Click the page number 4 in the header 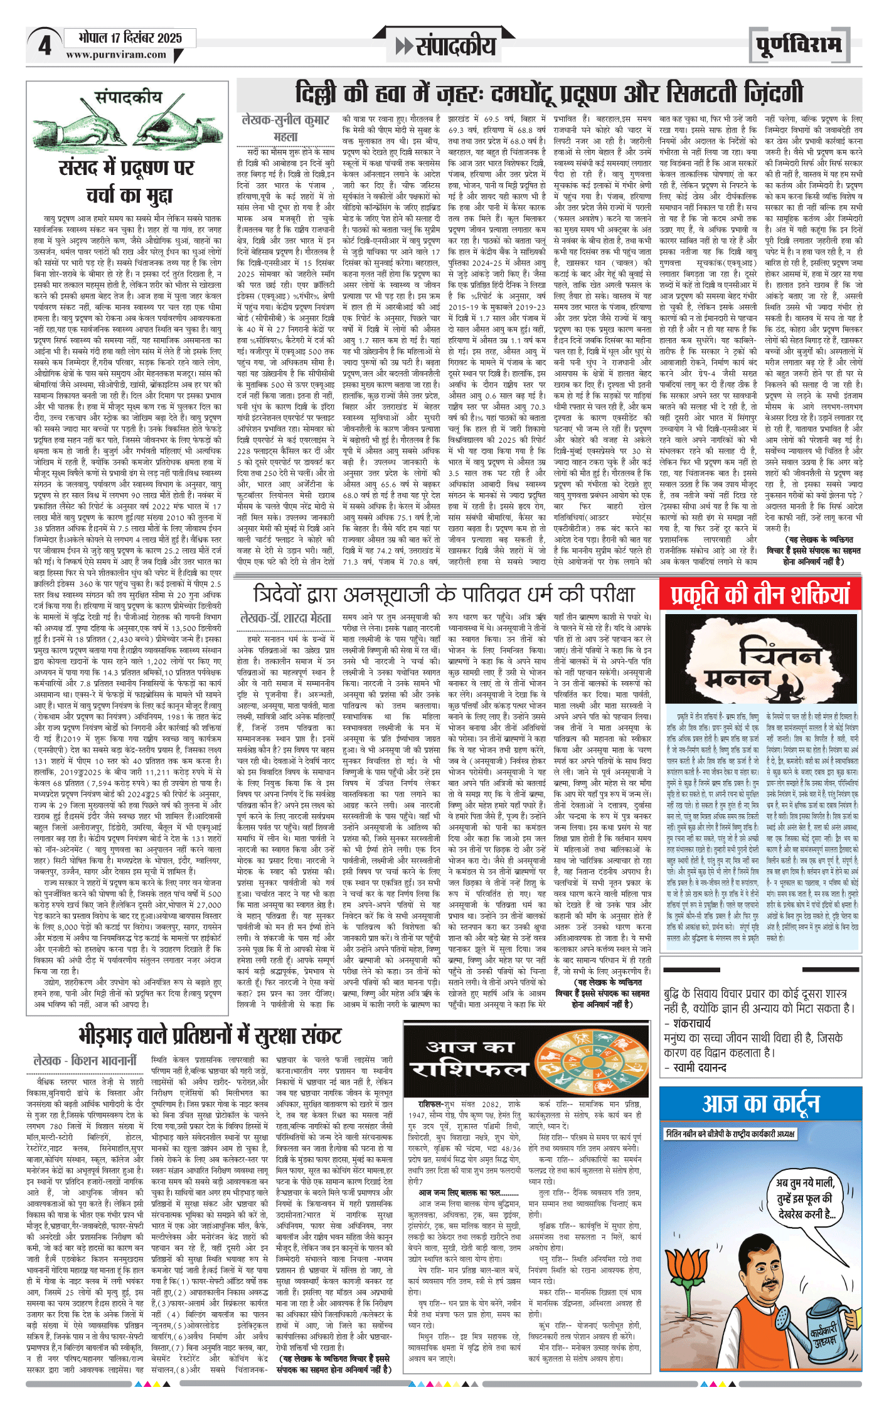click(44, 45)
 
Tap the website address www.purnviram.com click(116, 55)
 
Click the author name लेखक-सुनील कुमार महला click(286, 128)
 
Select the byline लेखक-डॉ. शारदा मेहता click(286, 618)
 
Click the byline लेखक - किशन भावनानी click(85, 1060)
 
